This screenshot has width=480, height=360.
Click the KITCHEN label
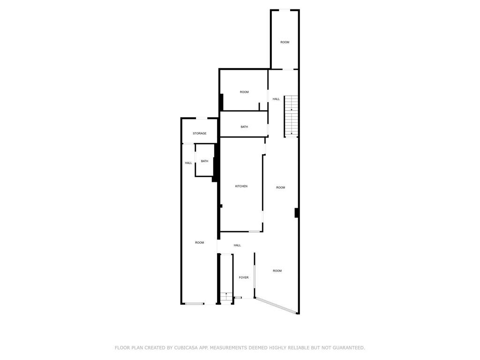coord(241,187)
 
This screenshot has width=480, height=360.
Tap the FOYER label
coord(244,277)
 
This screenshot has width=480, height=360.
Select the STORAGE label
coord(199,134)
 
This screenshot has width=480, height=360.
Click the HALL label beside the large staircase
coord(276,99)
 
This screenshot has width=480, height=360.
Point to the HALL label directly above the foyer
coord(237,245)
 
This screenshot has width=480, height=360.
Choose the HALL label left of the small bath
coord(188,163)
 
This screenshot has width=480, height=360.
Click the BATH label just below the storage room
coord(204,161)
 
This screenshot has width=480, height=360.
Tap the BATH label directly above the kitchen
coord(244,127)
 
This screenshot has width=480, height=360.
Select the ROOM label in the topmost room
coord(285,42)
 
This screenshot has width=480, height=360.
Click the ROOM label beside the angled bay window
coord(277,271)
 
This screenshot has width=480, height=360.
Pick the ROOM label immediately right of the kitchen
coord(280,187)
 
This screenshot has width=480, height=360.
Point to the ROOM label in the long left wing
coord(199,242)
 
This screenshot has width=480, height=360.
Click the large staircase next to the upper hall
coord(291,116)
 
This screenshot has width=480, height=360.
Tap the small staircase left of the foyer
coord(226,297)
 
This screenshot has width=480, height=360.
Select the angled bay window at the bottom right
coord(276,305)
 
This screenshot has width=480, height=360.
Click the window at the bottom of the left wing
coord(194,304)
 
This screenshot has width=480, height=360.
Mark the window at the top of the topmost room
coord(285,10)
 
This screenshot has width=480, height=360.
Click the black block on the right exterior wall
coord(297,212)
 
